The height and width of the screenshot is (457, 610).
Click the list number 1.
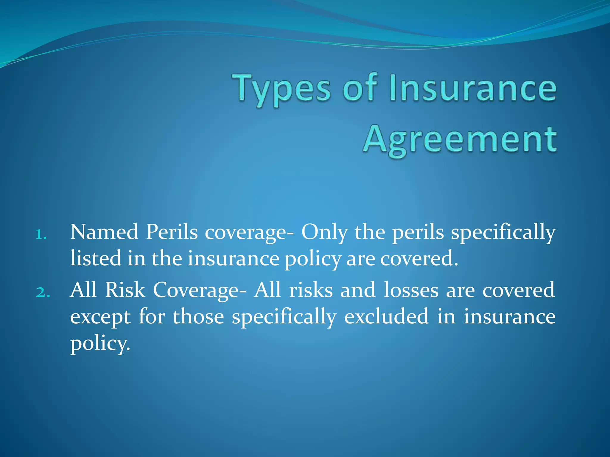(41, 235)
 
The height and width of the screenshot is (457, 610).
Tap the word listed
(96, 258)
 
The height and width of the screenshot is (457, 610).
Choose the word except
(100, 317)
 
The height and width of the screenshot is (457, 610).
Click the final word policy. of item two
(100, 344)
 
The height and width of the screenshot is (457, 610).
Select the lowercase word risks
(311, 290)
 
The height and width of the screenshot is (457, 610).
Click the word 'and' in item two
(358, 290)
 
